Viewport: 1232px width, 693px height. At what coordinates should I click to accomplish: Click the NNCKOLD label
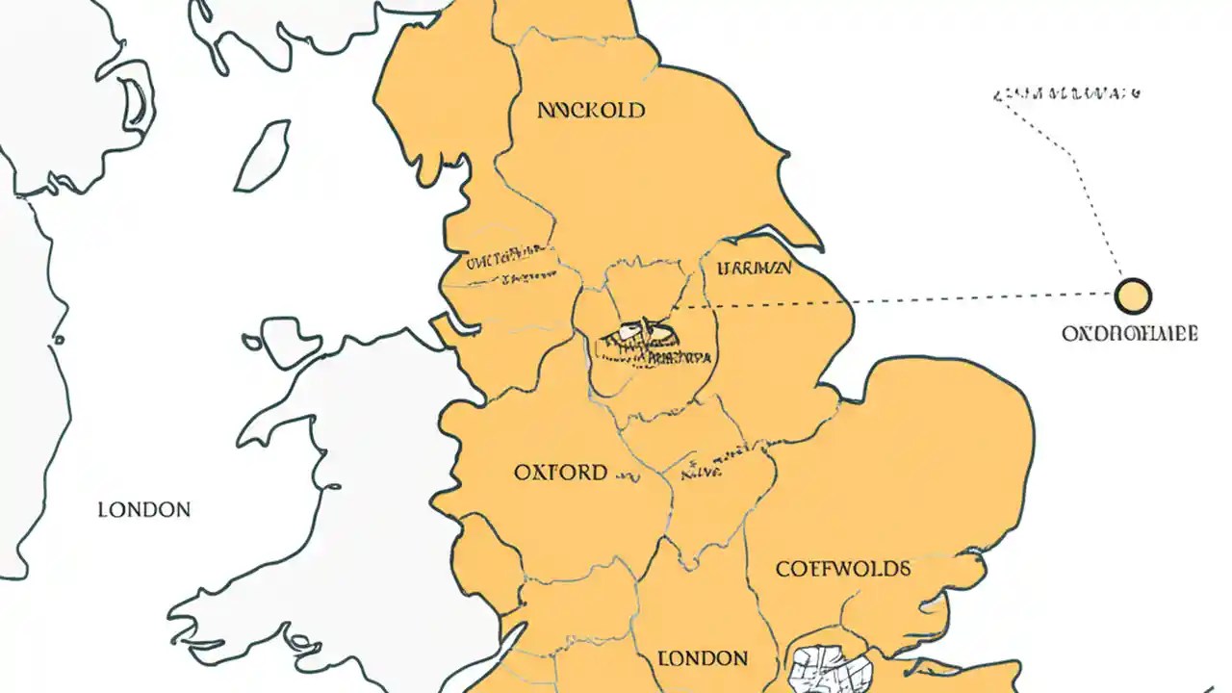point(590,111)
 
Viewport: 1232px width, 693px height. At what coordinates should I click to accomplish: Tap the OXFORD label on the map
point(560,473)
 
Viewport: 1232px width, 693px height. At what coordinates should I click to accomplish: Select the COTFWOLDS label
point(842,569)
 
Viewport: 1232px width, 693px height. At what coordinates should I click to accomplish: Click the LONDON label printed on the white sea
point(144,509)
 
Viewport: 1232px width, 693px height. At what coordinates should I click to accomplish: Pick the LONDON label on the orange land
point(703,659)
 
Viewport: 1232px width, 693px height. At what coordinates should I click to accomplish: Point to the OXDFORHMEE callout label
point(1130,334)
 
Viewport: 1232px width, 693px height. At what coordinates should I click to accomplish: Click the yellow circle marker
point(1133,295)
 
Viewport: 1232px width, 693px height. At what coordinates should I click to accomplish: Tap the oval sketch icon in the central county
point(637,333)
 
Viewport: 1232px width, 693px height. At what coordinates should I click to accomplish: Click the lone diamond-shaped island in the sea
point(263,156)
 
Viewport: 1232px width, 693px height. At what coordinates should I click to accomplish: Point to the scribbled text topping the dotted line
point(1066,94)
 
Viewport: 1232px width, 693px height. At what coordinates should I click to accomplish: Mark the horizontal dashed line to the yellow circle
point(895,299)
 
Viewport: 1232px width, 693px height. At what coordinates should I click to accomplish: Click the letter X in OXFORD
point(535,473)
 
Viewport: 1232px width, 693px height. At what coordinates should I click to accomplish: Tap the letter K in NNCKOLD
point(586,111)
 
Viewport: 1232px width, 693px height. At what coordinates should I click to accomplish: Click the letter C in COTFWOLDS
point(783,569)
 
